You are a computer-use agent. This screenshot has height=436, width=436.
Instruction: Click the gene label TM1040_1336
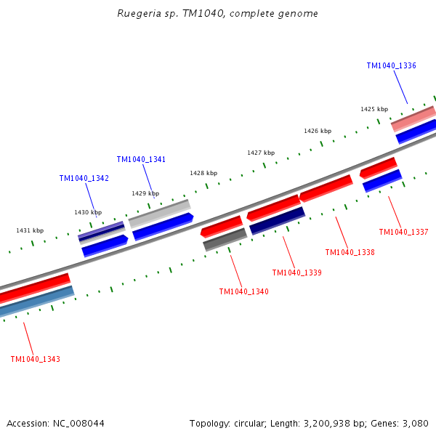[x=391, y=65]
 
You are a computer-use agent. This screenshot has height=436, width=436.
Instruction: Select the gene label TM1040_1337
[x=403, y=233]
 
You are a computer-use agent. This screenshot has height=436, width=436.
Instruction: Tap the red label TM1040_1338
[x=350, y=253]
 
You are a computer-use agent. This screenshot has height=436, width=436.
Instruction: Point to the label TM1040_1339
[x=296, y=273]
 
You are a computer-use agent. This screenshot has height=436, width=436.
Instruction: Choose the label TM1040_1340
[x=243, y=292]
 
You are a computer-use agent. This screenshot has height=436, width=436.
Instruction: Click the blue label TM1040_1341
[x=141, y=159]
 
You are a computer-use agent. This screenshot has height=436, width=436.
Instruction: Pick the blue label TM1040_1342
[x=84, y=178]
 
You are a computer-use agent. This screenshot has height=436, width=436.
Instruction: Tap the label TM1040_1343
[x=35, y=360]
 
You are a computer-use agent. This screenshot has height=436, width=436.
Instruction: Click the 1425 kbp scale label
[x=374, y=109]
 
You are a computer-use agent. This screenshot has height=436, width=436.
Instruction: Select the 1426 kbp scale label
[x=318, y=131]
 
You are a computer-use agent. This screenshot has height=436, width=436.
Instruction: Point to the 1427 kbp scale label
[x=261, y=153]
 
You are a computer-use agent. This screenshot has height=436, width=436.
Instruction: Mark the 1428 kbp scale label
[x=203, y=173]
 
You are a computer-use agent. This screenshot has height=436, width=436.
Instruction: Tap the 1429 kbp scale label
[x=145, y=193]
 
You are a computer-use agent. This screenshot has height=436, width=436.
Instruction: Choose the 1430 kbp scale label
[x=88, y=212]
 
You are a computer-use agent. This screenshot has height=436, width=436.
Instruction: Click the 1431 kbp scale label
[x=30, y=230]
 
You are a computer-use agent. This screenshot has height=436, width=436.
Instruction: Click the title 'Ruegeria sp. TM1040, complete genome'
[x=217, y=14]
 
